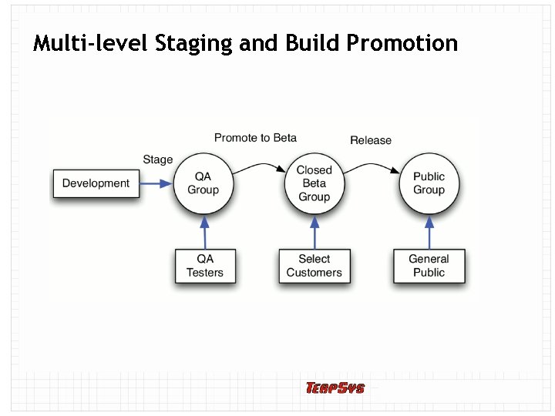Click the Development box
tap(96, 183)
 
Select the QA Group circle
tap(203, 183)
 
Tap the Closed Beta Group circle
tap(314, 183)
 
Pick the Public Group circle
tap(429, 183)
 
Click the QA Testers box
tap(204, 266)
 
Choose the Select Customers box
tap(314, 266)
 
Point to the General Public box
tap(429, 266)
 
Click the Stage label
tap(158, 159)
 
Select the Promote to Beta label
tap(255, 138)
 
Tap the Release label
tap(371, 140)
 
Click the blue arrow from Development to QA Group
tap(156, 184)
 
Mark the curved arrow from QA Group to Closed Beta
tap(259, 166)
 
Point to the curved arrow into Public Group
tap(372, 166)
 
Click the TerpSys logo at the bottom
tap(335, 388)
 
